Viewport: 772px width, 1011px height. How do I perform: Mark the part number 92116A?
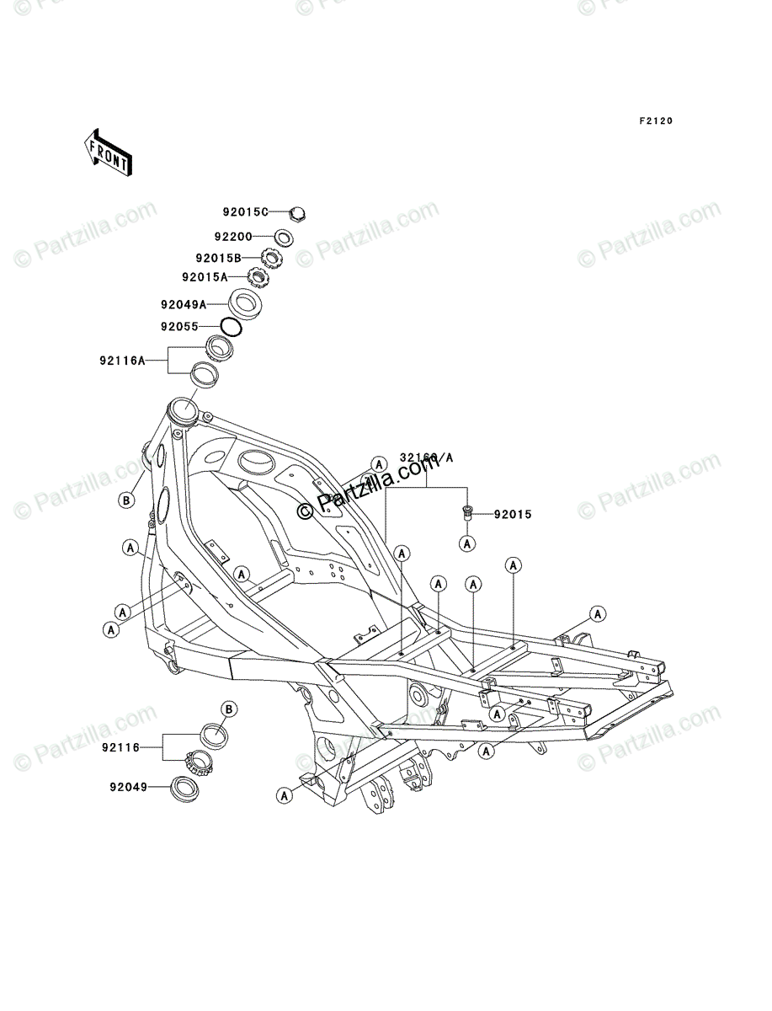[x=123, y=361]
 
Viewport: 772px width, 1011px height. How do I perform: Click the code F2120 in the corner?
[x=656, y=121]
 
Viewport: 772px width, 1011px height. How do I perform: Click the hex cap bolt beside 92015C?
[x=297, y=213]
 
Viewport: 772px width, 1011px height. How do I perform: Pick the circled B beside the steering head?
[x=125, y=500]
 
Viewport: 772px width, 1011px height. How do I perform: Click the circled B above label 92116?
[x=227, y=708]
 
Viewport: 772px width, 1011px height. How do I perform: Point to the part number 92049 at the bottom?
[x=128, y=788]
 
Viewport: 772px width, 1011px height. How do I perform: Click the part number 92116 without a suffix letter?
[x=120, y=747]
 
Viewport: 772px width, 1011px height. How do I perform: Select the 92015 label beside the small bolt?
[x=512, y=513]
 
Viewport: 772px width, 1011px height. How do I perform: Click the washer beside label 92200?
[x=284, y=238]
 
